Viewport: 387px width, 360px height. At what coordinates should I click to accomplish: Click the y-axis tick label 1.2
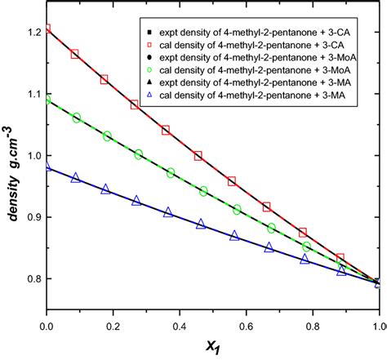31,32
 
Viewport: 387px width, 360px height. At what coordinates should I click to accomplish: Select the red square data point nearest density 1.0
198,155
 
